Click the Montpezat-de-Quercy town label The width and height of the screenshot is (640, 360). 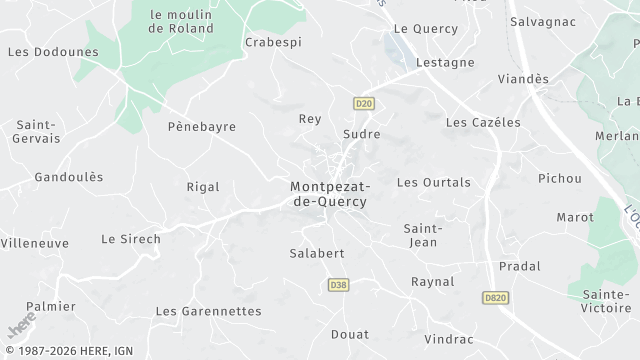click(328, 194)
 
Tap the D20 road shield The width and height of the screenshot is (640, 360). click(363, 103)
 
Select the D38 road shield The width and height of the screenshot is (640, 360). click(338, 285)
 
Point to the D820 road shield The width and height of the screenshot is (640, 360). click(494, 297)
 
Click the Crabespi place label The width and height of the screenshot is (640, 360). click(272, 43)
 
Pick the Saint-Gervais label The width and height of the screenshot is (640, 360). click(34, 133)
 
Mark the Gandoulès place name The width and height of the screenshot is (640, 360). click(69, 177)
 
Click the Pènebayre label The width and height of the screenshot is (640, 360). click(202, 128)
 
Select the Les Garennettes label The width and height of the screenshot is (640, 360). click(208, 311)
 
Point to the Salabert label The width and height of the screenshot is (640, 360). click(317, 253)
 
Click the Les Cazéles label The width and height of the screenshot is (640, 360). click(483, 122)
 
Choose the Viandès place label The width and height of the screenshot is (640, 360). click(524, 78)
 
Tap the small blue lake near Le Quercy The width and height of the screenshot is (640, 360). click(396, 45)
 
